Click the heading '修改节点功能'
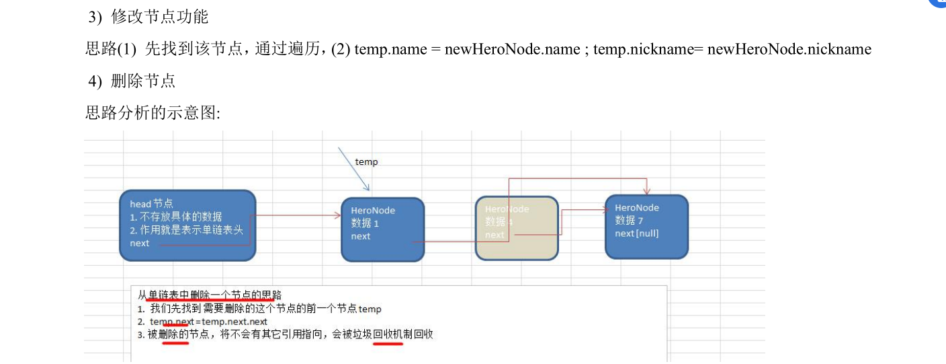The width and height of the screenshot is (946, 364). (159, 17)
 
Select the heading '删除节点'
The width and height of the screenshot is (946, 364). (142, 81)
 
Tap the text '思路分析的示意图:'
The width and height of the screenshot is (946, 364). (153, 112)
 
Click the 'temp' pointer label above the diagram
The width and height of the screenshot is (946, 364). (366, 161)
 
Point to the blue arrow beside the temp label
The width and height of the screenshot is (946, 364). (353, 169)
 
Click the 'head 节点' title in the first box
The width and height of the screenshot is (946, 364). (151, 204)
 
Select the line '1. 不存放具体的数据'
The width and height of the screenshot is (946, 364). (175, 217)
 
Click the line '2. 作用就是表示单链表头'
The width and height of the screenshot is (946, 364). (186, 230)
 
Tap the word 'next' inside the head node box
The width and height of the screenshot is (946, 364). (140, 243)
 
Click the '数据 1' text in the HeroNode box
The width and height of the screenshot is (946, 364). (365, 223)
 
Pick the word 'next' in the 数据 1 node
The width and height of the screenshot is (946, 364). (360, 236)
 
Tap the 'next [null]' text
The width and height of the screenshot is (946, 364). (636, 233)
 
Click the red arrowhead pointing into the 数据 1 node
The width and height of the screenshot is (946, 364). (337, 215)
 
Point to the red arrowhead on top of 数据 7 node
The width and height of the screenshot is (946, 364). (646, 191)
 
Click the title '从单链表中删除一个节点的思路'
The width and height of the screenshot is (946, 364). (210, 295)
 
